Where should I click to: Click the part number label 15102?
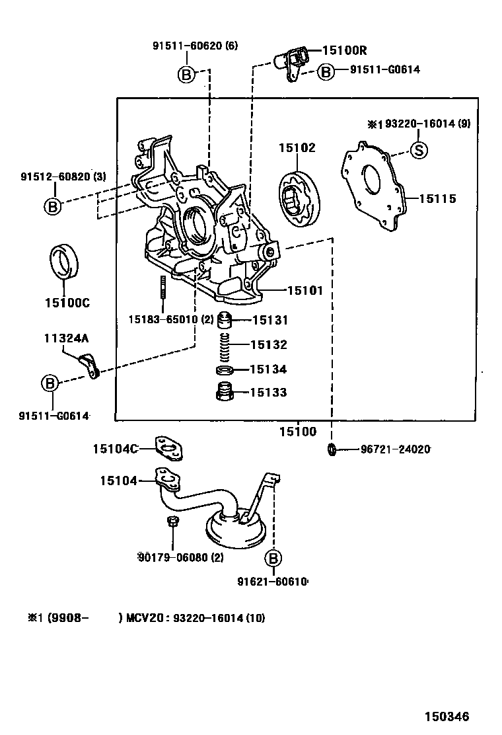click(297, 147)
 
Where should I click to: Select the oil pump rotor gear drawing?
click(300, 199)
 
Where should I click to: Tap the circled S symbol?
click(419, 150)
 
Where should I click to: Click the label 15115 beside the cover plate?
click(437, 199)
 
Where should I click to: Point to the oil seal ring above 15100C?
click(64, 260)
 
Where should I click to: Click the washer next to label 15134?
click(225, 371)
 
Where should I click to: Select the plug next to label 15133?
click(225, 392)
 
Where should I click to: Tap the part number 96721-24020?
click(395, 449)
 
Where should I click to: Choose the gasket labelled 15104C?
click(168, 449)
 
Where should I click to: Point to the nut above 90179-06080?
click(172, 521)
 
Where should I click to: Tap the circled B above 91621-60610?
click(273, 559)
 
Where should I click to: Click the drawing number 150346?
click(447, 716)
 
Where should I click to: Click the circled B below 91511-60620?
click(186, 75)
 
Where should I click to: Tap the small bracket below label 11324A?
click(89, 366)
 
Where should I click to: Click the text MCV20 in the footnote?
click(145, 618)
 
